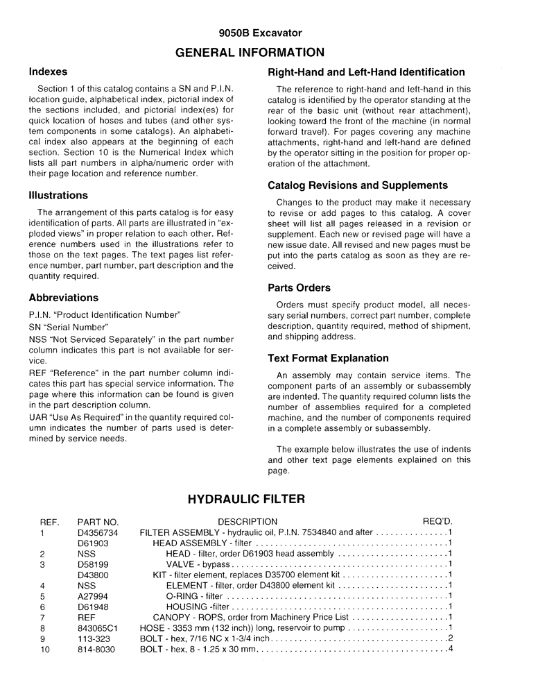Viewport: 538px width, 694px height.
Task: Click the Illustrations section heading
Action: click(x=58, y=196)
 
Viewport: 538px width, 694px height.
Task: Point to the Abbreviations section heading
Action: click(x=64, y=298)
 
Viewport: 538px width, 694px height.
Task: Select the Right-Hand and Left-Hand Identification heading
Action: click(x=366, y=72)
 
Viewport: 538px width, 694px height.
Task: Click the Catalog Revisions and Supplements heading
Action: click(x=358, y=185)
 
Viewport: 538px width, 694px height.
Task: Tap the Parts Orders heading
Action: click(x=299, y=287)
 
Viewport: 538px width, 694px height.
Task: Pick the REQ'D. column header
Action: click(x=437, y=522)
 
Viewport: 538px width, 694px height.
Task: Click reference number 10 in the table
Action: click(x=46, y=649)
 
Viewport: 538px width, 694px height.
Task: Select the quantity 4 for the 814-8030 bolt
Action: click(x=450, y=649)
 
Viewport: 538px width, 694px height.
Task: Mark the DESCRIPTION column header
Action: click(x=248, y=522)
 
